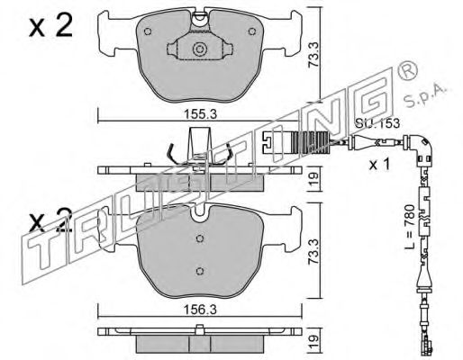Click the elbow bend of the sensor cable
[422, 146]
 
